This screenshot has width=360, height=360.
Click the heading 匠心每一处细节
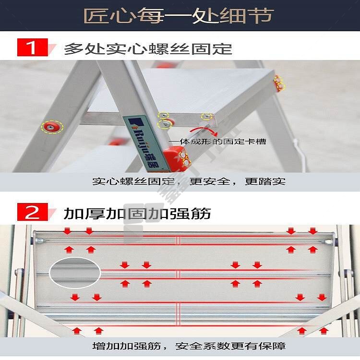(179, 16)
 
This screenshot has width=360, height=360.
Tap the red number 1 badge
(33, 48)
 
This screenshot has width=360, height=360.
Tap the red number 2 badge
(33, 212)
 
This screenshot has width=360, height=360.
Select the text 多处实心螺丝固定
(148, 48)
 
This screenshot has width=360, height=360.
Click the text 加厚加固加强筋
(137, 213)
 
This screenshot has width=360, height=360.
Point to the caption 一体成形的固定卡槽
(217, 142)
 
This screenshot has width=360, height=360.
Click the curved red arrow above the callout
(204, 131)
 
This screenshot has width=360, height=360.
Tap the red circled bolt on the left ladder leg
(52, 127)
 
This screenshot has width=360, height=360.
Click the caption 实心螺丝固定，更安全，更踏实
(189, 181)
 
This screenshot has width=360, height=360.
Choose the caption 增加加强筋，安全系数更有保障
(189, 346)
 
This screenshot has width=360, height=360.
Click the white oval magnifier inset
(75, 273)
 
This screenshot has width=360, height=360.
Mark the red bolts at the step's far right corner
(279, 83)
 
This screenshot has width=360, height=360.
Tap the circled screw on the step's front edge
(206, 117)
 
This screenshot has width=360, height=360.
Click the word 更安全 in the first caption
(210, 181)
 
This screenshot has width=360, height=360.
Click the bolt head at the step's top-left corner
(38, 240)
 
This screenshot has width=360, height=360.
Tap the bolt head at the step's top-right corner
(329, 241)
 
